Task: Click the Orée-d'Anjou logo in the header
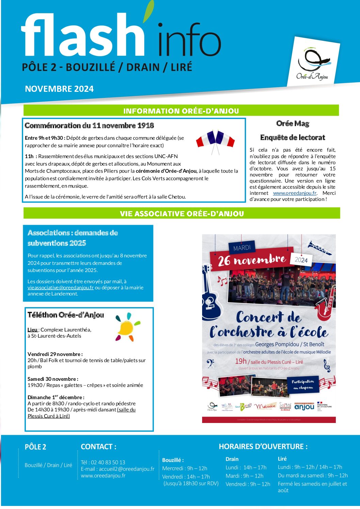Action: (x=313, y=63)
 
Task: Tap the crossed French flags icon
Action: (x=215, y=140)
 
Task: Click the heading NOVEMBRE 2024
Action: (x=59, y=89)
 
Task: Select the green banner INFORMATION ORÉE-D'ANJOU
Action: (x=181, y=111)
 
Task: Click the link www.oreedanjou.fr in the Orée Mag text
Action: (x=294, y=193)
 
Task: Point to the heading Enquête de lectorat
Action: (x=293, y=138)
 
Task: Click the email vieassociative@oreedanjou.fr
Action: (x=61, y=288)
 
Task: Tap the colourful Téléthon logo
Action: (x=127, y=327)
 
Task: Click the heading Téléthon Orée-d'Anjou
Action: (x=66, y=315)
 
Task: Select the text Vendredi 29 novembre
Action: (x=55, y=354)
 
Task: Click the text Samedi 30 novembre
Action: (x=53, y=379)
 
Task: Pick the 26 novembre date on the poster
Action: (x=252, y=260)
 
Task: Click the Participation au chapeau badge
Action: (x=302, y=384)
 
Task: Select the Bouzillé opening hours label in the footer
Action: (x=173, y=460)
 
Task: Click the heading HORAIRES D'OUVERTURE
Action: (x=263, y=446)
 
